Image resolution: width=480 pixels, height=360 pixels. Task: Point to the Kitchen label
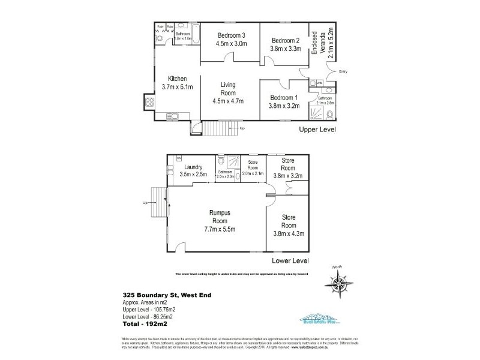tap(178, 79)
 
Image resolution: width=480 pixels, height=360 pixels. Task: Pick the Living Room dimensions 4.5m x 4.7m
tap(230, 101)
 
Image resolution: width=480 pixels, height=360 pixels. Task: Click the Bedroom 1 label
tap(284, 98)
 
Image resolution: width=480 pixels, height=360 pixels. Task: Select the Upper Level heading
tap(318, 129)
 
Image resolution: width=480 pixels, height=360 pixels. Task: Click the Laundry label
tap(193, 167)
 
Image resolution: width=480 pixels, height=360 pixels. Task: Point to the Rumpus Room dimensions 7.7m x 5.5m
tap(220, 229)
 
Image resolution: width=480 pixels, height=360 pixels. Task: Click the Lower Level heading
tap(290, 261)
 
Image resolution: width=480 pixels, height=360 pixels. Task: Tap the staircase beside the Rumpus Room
tap(158, 203)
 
